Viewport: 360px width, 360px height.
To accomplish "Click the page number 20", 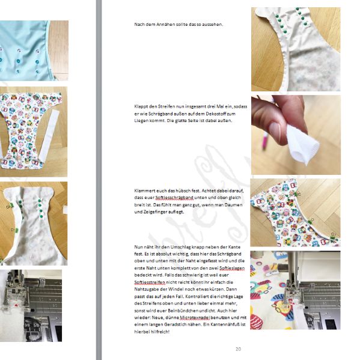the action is [x=238, y=349].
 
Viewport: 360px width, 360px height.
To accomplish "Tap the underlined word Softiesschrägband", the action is [x=174, y=198].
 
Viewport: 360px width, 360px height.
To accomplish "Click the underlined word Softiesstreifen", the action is [x=150, y=282].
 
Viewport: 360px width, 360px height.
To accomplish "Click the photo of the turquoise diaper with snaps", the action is [x=34, y=50].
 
